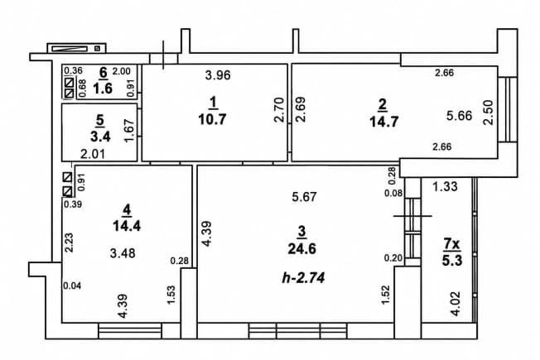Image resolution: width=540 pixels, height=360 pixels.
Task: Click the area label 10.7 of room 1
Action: (212, 119)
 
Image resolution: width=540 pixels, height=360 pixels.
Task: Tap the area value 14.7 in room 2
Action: (384, 122)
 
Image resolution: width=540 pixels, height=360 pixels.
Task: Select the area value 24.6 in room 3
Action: (301, 248)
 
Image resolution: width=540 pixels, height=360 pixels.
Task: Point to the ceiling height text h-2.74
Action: (303, 277)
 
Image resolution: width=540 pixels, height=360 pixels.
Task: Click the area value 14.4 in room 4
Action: (127, 226)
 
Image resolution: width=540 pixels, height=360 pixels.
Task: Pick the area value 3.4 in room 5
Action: (100, 137)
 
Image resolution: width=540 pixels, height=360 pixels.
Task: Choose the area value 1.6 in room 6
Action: (103, 89)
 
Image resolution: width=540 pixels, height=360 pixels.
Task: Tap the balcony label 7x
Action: (451, 244)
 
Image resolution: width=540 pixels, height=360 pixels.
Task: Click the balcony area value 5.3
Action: (452, 261)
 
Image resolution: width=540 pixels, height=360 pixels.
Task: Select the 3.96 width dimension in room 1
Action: (218, 74)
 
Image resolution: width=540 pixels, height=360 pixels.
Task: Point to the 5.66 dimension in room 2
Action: (460, 116)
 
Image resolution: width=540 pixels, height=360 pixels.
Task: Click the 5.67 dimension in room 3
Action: (304, 197)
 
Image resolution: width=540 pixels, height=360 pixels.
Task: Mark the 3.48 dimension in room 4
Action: (123, 253)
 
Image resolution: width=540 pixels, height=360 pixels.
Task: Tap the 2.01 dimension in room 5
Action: (93, 154)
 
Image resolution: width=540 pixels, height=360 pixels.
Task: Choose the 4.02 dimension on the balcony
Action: (456, 304)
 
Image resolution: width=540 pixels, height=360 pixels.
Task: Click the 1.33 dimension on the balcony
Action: (445, 186)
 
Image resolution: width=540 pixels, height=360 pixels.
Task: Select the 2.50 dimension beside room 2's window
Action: (489, 113)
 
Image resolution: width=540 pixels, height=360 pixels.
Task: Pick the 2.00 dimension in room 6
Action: (122, 71)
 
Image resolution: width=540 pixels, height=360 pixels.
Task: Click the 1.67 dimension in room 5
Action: (129, 131)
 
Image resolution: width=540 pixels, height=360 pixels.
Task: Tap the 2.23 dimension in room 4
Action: (70, 242)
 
